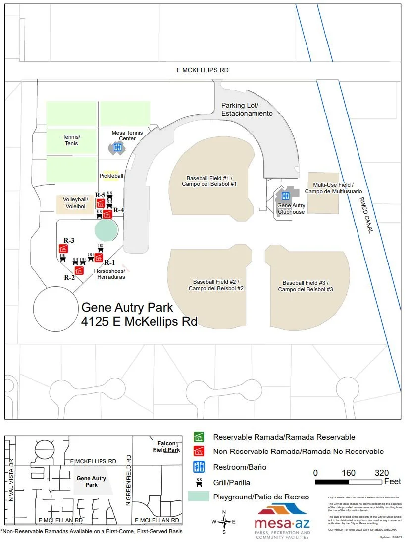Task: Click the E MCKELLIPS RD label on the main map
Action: point(203,70)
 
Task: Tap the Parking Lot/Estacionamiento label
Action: point(247,109)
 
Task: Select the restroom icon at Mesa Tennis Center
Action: point(118,147)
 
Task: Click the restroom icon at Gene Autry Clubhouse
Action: point(285,196)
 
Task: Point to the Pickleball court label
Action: point(111,176)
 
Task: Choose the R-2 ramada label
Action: point(69,277)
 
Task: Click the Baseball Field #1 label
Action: point(209,181)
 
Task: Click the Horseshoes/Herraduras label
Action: point(109,274)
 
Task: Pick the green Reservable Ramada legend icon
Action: point(199,437)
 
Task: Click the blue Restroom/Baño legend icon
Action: point(199,467)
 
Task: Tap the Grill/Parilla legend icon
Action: point(199,482)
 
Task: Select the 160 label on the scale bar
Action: point(348,473)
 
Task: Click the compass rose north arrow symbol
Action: point(224,521)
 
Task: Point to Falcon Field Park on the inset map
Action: point(166,447)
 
